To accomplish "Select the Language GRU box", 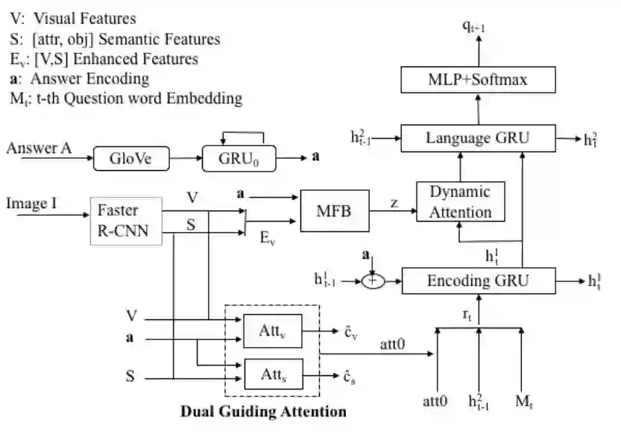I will [478, 138].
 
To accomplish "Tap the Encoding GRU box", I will [478, 281].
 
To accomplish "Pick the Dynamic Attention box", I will [460, 201].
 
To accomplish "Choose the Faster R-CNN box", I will [125, 220].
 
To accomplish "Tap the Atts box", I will [271, 374].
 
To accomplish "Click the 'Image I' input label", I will [34, 203].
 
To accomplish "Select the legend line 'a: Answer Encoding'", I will [78, 78].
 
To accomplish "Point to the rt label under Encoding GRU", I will [467, 316].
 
